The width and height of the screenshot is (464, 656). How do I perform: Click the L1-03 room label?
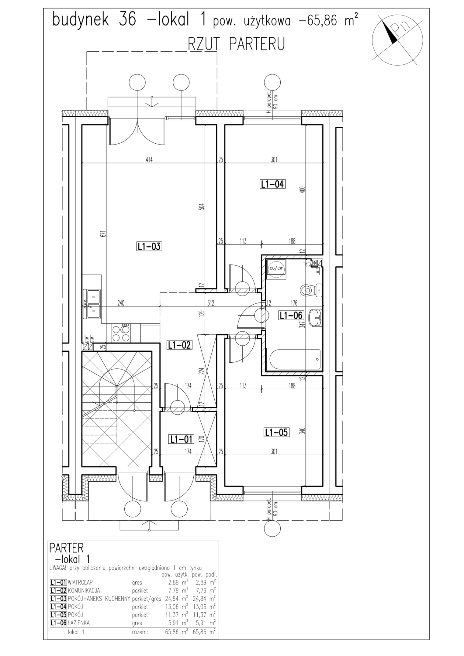[x=149, y=246]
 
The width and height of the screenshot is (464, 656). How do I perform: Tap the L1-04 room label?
[x=273, y=184]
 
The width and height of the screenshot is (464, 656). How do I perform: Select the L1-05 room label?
[x=276, y=432]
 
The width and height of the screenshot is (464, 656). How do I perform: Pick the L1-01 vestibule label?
[x=182, y=439]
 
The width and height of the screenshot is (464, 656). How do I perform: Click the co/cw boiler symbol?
[x=276, y=269]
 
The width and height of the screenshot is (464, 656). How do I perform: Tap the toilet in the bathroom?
[x=311, y=290]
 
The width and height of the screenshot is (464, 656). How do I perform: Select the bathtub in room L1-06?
[x=294, y=359]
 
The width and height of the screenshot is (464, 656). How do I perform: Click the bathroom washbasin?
[x=315, y=318]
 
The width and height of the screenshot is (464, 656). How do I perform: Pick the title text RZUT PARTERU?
[x=236, y=44]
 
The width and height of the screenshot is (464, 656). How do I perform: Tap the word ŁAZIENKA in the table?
[x=79, y=623]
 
